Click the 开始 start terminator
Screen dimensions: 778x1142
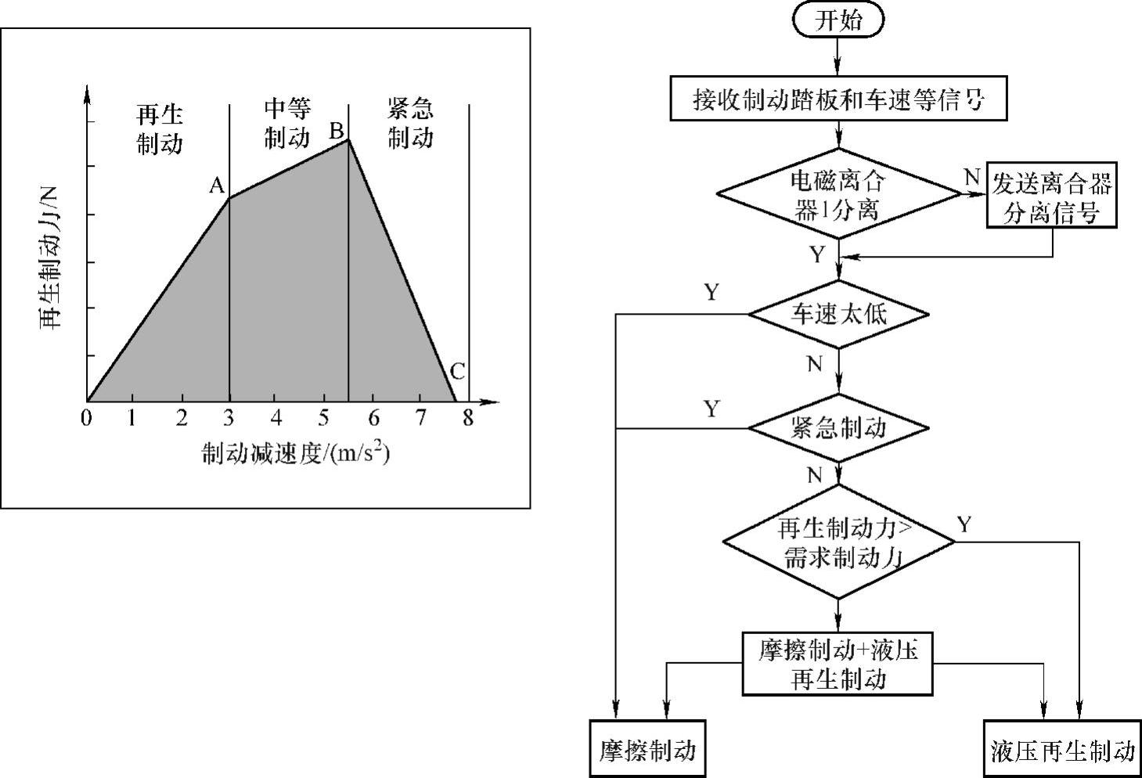tap(838, 20)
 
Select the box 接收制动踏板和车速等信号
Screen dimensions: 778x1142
tap(838, 99)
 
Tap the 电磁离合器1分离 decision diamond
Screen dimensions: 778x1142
tap(838, 196)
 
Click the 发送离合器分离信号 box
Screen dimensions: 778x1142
tap(1051, 196)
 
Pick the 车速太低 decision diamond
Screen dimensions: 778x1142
tap(838, 315)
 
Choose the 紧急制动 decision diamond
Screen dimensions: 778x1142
tap(838, 428)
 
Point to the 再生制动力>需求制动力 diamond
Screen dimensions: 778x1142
tap(838, 542)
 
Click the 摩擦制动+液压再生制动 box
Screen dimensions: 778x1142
tap(838, 663)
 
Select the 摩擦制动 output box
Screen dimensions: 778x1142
tap(647, 749)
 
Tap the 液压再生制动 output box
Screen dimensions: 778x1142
tap(1061, 751)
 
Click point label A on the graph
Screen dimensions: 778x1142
tap(217, 185)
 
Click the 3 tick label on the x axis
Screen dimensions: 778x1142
tap(229, 418)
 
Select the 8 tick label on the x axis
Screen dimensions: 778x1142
tap(468, 418)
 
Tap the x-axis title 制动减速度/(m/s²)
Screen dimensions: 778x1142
tap(296, 453)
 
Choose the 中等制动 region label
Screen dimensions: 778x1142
tap(286, 123)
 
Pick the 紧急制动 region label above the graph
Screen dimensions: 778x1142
tap(410, 123)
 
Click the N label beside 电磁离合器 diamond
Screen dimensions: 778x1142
tap(971, 178)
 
